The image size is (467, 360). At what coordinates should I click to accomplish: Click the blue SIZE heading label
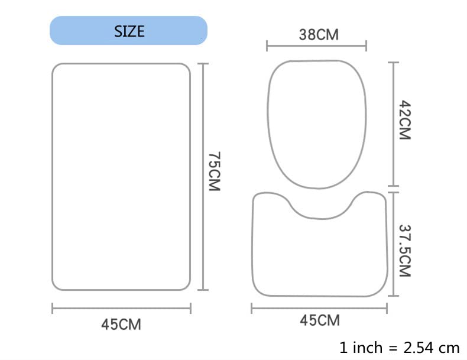pos(128,31)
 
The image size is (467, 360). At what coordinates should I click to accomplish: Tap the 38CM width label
pos(319,34)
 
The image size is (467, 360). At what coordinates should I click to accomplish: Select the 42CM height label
pos(405,119)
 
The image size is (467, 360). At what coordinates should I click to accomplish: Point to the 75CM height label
pos(214,171)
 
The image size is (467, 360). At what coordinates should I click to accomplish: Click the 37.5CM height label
pos(405,250)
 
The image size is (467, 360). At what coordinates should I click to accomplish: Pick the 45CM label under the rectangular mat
pos(121,324)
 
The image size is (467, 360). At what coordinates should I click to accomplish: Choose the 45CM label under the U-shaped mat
pos(320,320)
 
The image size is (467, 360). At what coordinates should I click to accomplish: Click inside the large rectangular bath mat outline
pos(121,177)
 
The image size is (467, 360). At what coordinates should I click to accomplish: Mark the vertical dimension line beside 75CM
pos(203,177)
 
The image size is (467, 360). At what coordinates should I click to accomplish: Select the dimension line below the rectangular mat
pos(121,308)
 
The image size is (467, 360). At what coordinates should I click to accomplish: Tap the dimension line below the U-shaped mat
pos(319,308)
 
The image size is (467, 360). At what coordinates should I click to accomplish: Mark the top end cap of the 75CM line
pos(203,64)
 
